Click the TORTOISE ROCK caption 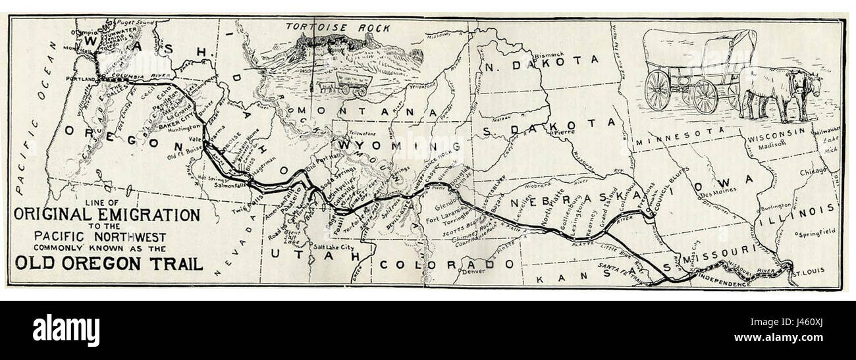338,28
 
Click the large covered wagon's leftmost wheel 656,90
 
